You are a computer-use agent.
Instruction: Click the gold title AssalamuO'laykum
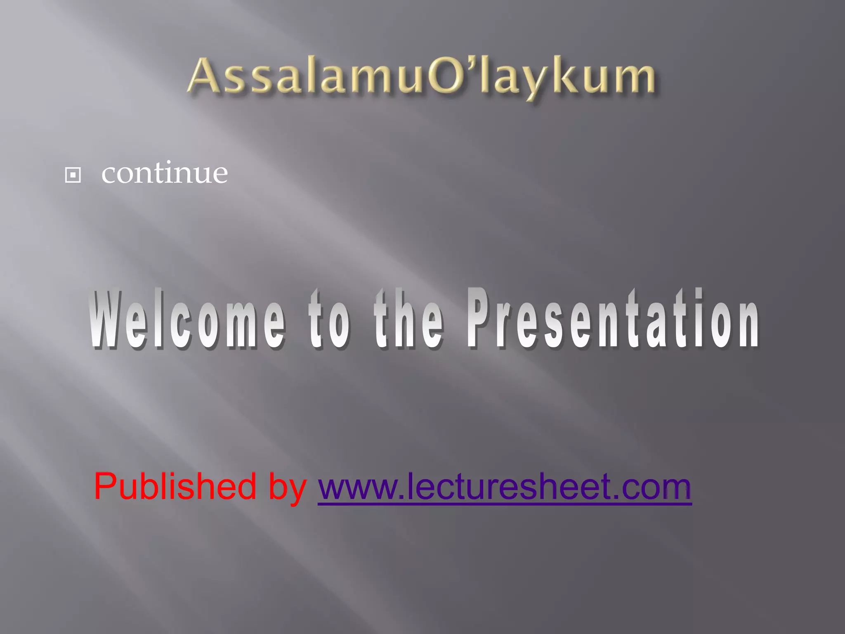[422, 76]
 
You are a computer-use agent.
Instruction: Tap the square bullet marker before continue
[73, 175]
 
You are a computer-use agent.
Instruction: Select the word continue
[165, 173]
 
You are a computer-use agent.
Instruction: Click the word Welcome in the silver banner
[187, 320]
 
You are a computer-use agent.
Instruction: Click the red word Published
[175, 487]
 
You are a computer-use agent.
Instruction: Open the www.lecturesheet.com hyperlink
[504, 487]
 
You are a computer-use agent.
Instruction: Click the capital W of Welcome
[108, 320]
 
